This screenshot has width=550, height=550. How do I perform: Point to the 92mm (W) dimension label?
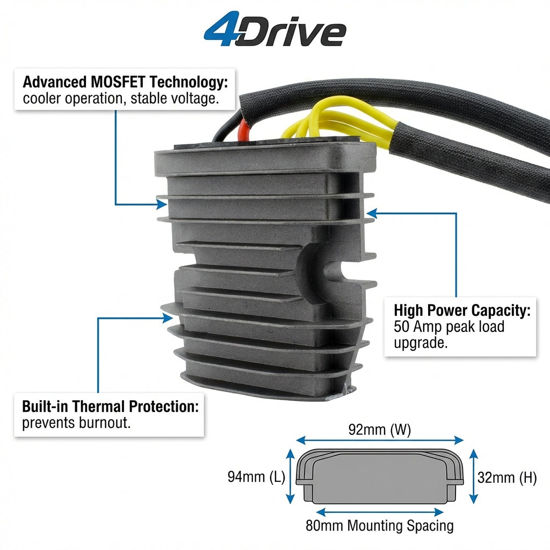point(380,430)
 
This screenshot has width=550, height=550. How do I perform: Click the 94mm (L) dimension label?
point(256,477)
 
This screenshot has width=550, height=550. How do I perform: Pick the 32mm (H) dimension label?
point(507,477)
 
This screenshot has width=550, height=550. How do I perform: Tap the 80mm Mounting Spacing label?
point(380,525)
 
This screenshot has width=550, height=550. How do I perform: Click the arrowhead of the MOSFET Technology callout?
point(162,204)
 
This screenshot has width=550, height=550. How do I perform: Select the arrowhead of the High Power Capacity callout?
point(372,213)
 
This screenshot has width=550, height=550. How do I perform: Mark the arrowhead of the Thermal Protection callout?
point(168,318)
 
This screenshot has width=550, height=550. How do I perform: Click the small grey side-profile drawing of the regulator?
point(380,476)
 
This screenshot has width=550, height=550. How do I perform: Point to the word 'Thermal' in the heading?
point(99,407)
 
